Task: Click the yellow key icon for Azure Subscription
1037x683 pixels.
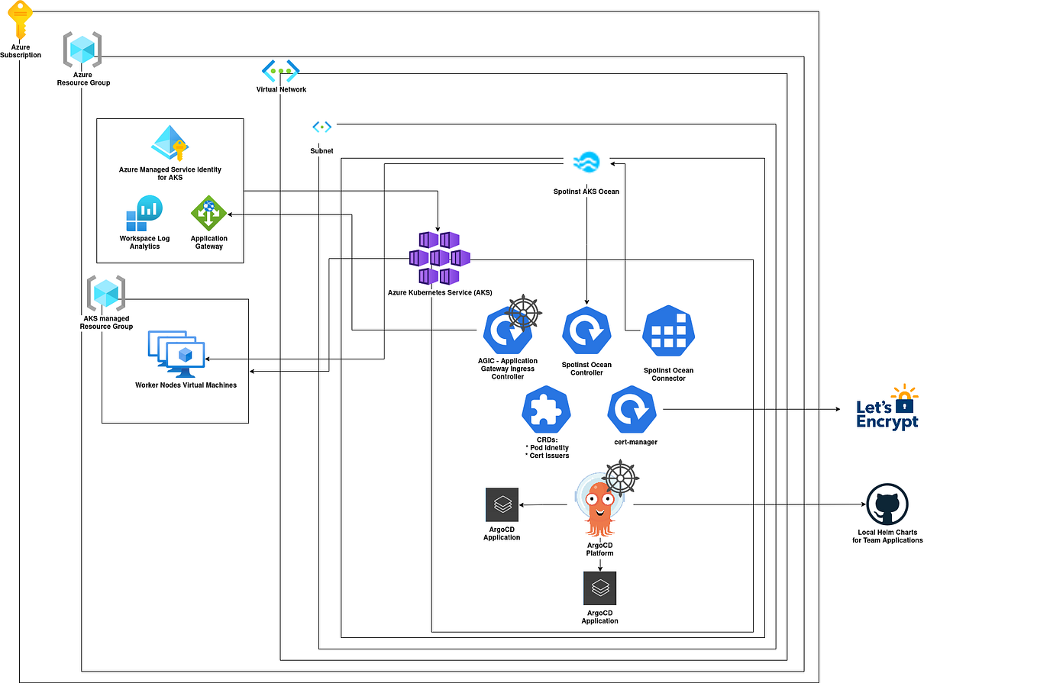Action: tap(21, 20)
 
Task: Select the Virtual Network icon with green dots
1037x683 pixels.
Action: tap(281, 71)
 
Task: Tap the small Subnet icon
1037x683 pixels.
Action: tap(321, 127)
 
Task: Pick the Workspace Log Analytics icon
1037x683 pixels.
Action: tap(144, 214)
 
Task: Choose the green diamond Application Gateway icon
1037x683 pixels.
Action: tap(208, 214)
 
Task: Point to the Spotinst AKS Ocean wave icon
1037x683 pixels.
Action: tap(586, 162)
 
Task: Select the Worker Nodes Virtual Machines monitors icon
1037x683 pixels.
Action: tap(177, 354)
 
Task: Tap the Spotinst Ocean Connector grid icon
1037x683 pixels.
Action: tap(669, 331)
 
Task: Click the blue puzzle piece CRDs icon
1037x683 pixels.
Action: tap(547, 411)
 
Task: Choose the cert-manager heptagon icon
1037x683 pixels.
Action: tap(632, 411)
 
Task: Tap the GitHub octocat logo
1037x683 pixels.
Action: tap(887, 504)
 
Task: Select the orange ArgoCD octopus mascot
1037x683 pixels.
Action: tap(599, 508)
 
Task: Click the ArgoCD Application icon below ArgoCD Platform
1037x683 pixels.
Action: tap(599, 588)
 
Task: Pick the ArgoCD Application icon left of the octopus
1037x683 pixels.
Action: tap(502, 504)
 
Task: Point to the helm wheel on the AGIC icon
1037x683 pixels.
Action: tap(523, 311)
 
